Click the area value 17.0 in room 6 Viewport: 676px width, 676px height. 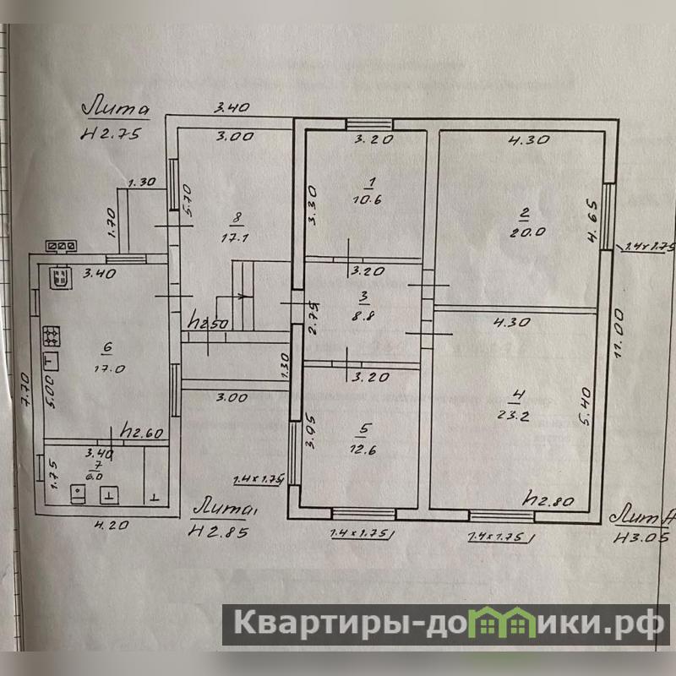click(x=107, y=368)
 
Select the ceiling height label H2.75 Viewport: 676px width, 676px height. click(x=110, y=134)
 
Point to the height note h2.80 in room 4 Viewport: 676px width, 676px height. click(x=549, y=499)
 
